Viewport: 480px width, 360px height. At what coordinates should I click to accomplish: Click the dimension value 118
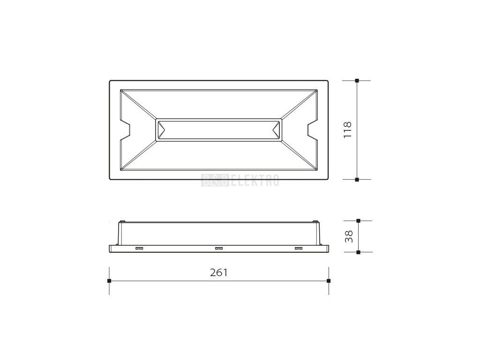coord(348,130)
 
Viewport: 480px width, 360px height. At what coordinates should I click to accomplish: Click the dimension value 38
coord(349,236)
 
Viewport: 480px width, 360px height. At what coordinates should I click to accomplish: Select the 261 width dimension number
coord(218,272)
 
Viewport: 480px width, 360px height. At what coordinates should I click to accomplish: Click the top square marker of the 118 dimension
coord(357,81)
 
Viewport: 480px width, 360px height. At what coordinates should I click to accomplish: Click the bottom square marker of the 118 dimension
coord(357,180)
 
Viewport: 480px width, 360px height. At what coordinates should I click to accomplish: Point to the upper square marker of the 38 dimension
coord(359,220)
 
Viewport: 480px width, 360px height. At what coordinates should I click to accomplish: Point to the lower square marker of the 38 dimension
coord(359,252)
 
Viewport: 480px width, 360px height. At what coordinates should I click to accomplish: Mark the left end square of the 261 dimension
coord(109,281)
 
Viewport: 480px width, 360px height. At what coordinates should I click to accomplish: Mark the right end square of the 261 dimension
coord(329,281)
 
